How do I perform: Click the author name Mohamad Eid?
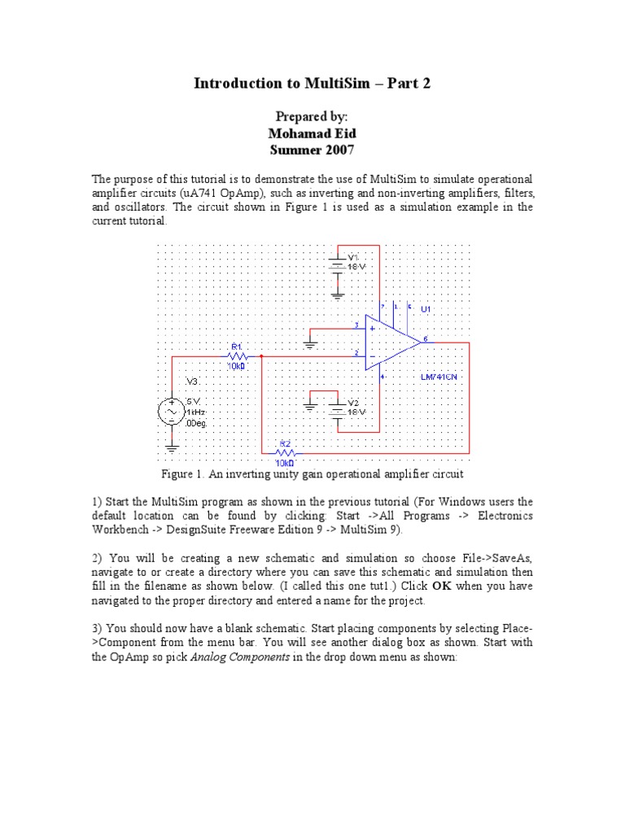point(312,133)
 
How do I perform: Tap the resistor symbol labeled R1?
point(237,355)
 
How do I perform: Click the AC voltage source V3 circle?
point(172,412)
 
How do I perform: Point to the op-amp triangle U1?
point(391,342)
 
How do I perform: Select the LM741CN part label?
point(439,377)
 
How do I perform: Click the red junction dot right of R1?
point(260,355)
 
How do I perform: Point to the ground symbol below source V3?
point(172,447)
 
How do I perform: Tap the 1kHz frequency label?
point(196,412)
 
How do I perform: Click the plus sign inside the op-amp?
point(372,329)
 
